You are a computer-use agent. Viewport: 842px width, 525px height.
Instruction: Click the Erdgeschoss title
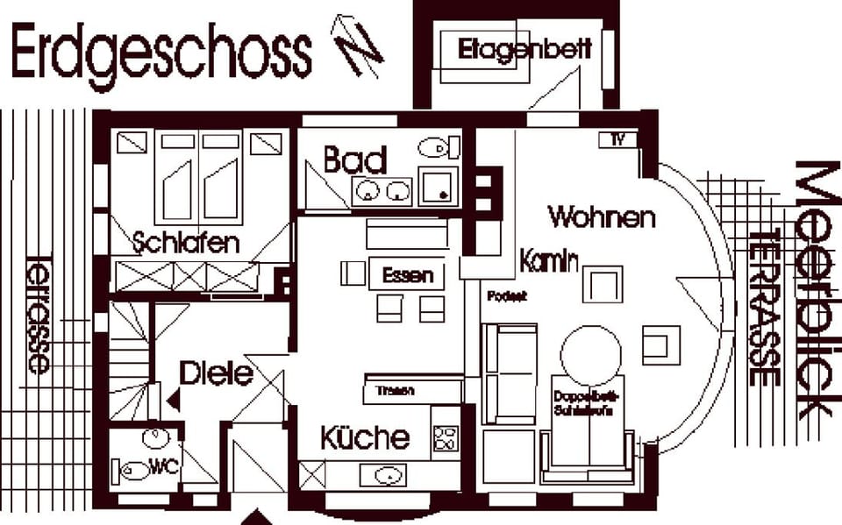(161, 51)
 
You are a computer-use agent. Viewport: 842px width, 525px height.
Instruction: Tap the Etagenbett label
(524, 50)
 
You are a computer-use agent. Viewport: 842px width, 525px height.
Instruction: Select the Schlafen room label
(186, 242)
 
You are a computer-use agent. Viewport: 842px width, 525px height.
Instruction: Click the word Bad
(355, 160)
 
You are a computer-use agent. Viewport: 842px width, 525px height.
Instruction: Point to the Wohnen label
(601, 216)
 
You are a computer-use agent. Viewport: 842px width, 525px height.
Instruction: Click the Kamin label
(549, 260)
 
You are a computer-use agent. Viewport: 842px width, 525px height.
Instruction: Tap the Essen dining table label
(408, 275)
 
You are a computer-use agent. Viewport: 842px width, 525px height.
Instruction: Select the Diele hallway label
(216, 374)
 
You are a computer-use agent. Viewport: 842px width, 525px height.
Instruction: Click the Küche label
(364, 437)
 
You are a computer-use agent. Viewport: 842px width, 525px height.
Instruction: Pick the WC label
(164, 467)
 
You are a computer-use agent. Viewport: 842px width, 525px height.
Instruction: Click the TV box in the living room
(617, 139)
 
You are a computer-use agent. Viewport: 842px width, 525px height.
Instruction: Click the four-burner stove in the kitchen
(446, 437)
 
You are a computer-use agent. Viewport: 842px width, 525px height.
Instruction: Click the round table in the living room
(590, 355)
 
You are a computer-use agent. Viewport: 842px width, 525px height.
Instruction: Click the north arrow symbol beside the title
(356, 44)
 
